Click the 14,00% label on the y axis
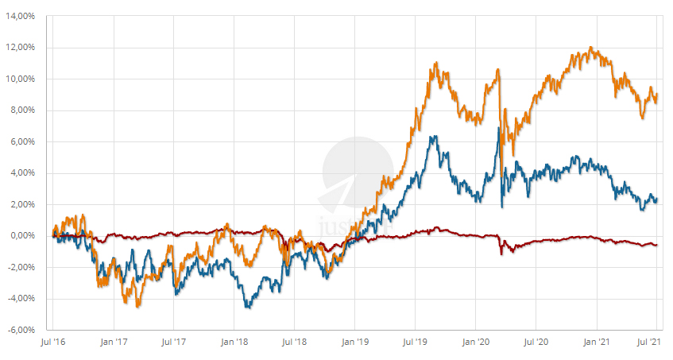point(22,16)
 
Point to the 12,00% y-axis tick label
point(22,48)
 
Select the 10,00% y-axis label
point(22,79)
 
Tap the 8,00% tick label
point(24,110)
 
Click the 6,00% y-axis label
point(24,141)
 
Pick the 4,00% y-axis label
point(24,173)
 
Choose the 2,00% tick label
point(24,204)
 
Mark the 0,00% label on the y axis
point(24,236)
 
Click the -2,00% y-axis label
point(22,267)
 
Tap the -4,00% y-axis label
point(22,299)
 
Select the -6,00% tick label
point(22,330)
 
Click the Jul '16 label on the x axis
point(52,342)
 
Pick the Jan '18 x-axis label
point(234,342)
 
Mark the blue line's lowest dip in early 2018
point(247,307)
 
